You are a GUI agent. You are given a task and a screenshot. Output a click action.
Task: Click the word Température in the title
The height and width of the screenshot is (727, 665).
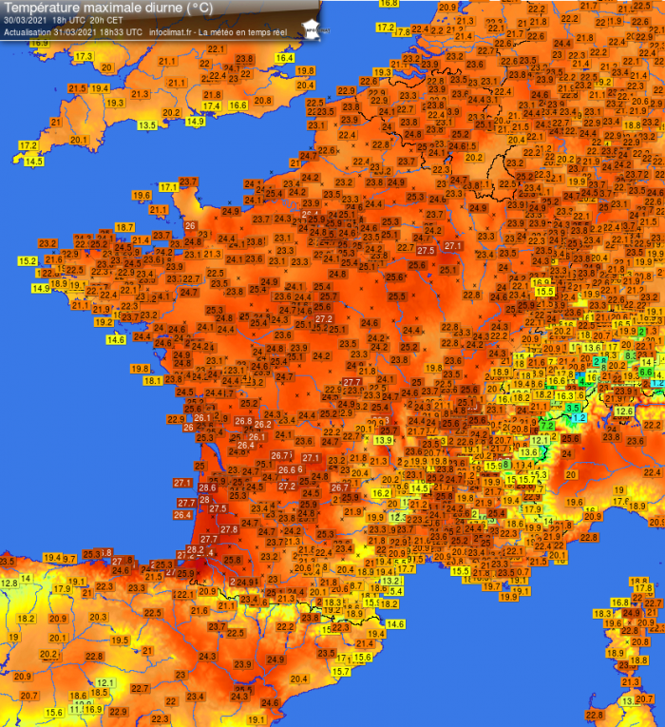coord(43,8)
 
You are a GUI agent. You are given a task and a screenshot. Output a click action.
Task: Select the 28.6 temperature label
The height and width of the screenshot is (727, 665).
coord(207,488)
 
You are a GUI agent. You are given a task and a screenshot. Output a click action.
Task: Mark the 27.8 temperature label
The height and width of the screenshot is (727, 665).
coord(229,529)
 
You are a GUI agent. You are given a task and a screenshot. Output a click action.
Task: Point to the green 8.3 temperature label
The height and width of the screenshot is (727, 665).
coord(632,354)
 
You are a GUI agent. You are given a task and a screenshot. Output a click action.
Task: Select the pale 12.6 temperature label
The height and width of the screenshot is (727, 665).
coord(624,411)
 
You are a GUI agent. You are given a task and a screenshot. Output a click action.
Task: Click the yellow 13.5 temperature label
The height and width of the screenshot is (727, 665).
coord(147,125)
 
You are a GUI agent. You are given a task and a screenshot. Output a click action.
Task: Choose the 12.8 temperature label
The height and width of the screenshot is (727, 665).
coord(9,583)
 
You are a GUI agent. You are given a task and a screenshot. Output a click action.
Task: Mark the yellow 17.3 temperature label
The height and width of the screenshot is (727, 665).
coord(83,57)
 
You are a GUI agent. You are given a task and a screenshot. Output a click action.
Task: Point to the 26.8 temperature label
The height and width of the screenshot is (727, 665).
coord(244,421)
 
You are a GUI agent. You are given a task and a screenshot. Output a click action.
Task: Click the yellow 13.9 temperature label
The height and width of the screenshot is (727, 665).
coord(384,440)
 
